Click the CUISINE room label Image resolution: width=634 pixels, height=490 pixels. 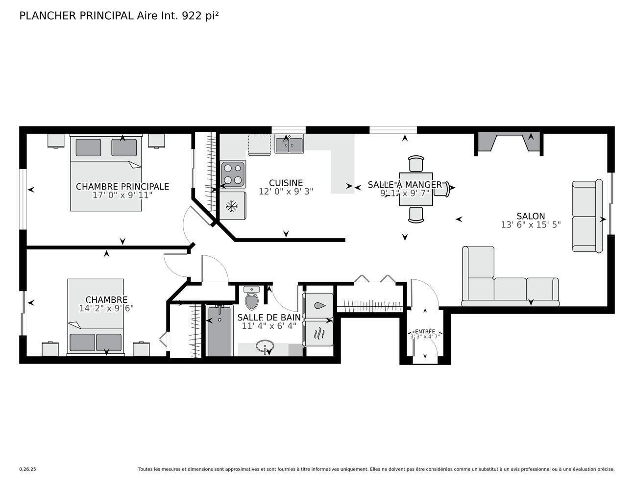pos(286,183)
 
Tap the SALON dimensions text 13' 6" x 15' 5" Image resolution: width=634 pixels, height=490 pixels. pos(531,225)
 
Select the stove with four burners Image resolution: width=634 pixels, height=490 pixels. pos(233,174)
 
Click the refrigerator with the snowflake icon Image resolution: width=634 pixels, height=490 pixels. pos(232,206)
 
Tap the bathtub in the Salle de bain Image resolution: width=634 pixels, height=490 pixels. pos(220,331)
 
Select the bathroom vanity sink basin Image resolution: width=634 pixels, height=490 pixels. pos(265,347)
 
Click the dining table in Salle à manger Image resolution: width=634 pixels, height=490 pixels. pos(415,189)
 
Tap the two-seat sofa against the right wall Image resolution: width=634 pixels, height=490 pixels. pos(587,216)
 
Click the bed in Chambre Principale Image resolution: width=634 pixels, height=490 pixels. pos(106,174)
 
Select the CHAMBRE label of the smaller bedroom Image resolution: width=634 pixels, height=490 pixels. pos(106,300)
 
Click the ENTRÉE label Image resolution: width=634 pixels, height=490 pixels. pos(424,331)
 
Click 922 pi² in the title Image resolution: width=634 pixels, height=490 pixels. pos(200,16)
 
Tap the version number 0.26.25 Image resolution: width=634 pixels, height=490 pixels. pos(27,469)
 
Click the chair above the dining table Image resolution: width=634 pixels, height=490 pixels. pos(416,164)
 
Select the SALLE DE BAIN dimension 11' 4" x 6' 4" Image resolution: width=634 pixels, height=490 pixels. pos(269,326)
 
